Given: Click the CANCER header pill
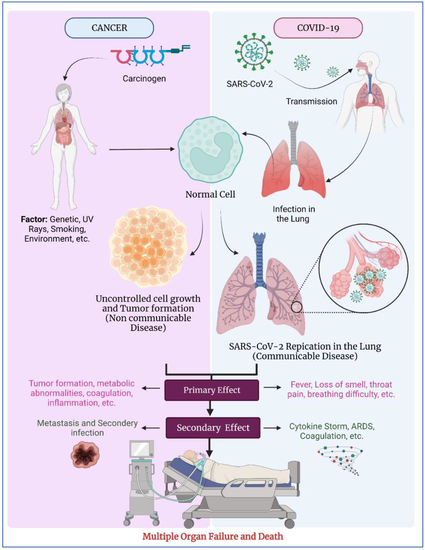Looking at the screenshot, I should click(x=109, y=28).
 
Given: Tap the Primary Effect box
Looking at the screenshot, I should click(x=212, y=390).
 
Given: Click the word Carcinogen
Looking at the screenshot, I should click(x=144, y=79).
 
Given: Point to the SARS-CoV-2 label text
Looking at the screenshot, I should click(x=250, y=84).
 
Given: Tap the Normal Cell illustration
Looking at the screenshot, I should click(x=210, y=150).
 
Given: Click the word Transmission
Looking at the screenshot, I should click(x=311, y=102).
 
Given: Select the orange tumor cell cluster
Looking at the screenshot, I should click(x=148, y=247).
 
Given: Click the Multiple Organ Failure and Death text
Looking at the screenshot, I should click(x=212, y=536).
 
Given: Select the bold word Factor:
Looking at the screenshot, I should click(x=34, y=219).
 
